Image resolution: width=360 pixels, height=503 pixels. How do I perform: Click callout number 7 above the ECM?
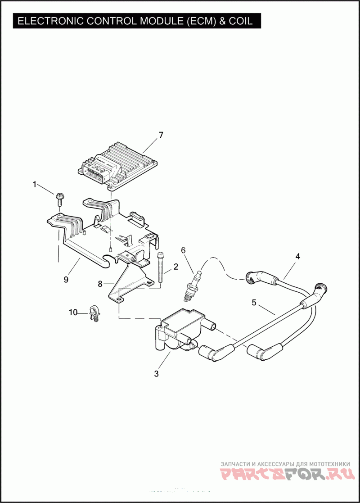pyautogui.click(x=161, y=135)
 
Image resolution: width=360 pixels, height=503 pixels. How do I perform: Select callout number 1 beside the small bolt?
pyautogui.click(x=34, y=184)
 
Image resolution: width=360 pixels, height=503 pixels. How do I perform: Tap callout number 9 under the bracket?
pyautogui.click(x=66, y=279)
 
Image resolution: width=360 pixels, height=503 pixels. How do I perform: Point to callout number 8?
pyautogui.click(x=100, y=284)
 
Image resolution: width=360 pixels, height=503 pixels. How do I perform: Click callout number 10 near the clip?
pyautogui.click(x=73, y=312)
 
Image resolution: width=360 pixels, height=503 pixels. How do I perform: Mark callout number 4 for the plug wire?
pyautogui.click(x=297, y=256)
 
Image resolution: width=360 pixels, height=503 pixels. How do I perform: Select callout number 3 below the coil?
pyautogui.click(x=156, y=373)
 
